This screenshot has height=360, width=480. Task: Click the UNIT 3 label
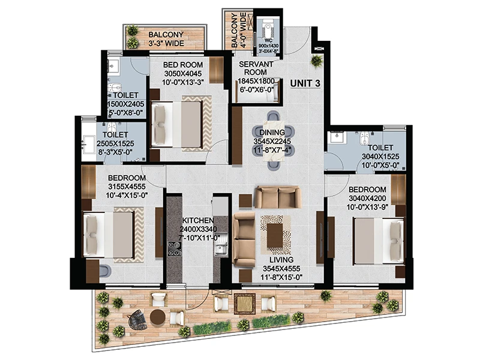(x=305, y=83)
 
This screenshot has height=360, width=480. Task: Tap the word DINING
(x=272, y=133)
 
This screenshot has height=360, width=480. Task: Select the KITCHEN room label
(x=198, y=220)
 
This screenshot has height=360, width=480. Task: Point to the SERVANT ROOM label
(x=256, y=68)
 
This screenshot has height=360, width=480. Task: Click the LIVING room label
(x=281, y=260)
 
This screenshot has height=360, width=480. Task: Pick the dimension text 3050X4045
(x=183, y=74)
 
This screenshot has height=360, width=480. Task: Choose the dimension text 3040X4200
(x=367, y=199)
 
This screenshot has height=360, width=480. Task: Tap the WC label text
(x=268, y=40)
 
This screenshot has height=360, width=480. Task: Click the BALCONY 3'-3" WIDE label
(x=166, y=39)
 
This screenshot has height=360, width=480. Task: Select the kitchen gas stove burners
(x=175, y=248)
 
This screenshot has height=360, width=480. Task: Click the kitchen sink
(x=221, y=248)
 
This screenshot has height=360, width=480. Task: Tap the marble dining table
(x=274, y=141)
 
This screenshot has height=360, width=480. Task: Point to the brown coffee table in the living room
(x=275, y=235)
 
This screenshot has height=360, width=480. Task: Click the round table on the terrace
(x=158, y=317)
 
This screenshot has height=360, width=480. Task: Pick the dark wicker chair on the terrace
(x=137, y=319)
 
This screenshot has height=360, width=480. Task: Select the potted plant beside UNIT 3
(x=316, y=61)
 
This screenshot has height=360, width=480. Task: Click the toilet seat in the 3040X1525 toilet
(x=364, y=139)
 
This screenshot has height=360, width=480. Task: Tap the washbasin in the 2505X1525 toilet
(x=88, y=144)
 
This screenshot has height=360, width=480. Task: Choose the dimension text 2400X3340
(x=198, y=229)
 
